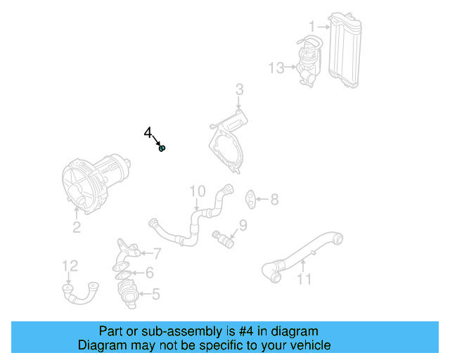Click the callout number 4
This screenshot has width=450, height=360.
coord(148,133)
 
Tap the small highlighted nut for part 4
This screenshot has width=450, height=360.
coord(162,148)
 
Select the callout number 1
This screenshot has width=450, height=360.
coord(311,26)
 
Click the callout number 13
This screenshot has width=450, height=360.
coord(277,67)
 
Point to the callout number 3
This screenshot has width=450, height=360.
coord(239,89)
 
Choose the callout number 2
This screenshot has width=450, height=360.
coord(76,226)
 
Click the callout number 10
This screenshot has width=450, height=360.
coord(197,191)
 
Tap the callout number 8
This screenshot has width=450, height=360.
coord(274,200)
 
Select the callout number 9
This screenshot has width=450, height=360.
coord(243,225)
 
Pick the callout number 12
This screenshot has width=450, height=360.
coord(70,266)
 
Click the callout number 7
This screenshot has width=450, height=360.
coord(157,253)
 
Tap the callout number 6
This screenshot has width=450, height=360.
coord(149,273)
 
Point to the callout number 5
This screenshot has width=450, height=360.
coord(155,294)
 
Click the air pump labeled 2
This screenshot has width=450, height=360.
coord(95,183)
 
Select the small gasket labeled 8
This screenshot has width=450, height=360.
coord(251,199)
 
